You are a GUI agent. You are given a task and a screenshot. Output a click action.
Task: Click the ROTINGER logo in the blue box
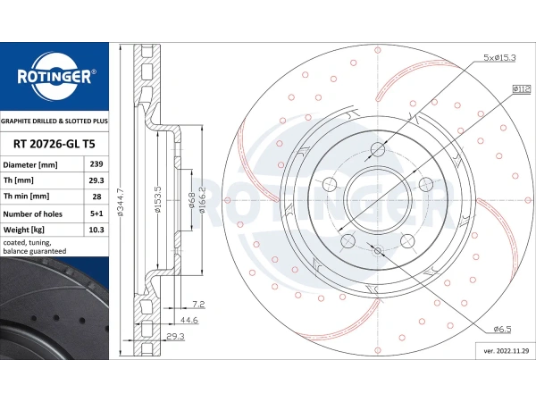pos(54,76)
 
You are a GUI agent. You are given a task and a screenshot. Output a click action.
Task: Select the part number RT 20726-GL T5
pos(54,144)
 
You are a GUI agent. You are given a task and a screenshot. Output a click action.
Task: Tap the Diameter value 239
pos(96,164)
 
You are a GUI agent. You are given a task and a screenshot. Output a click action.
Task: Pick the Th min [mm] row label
pos(26,197)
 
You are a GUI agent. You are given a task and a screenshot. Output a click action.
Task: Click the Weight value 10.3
pos(96,230)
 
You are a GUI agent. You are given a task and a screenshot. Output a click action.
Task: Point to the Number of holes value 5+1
pos(96,214)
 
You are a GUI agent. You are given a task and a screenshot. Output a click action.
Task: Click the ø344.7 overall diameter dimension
pos(121,203)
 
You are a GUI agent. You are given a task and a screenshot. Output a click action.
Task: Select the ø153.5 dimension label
pos(157,199)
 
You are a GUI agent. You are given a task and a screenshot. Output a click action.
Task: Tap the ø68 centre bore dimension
pos(192,200)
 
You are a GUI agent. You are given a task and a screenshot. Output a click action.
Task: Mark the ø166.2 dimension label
pos(202,200)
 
